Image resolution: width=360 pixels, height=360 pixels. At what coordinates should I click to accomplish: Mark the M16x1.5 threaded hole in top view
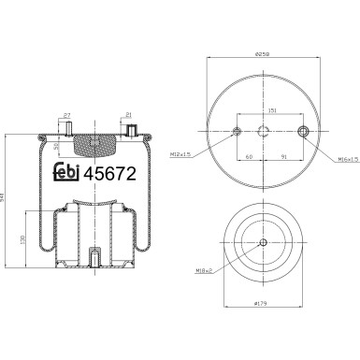pyautogui.click(x=301, y=130)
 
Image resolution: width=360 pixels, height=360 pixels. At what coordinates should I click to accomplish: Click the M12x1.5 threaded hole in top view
pyautogui.click(x=237, y=130)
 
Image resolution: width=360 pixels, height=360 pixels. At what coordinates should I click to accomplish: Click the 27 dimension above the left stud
pyautogui.click(x=66, y=115)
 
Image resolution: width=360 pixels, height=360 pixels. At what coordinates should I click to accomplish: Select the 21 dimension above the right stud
pyautogui.click(x=127, y=115)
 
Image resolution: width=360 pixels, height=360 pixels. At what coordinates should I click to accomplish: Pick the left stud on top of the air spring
pyautogui.click(x=67, y=131)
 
